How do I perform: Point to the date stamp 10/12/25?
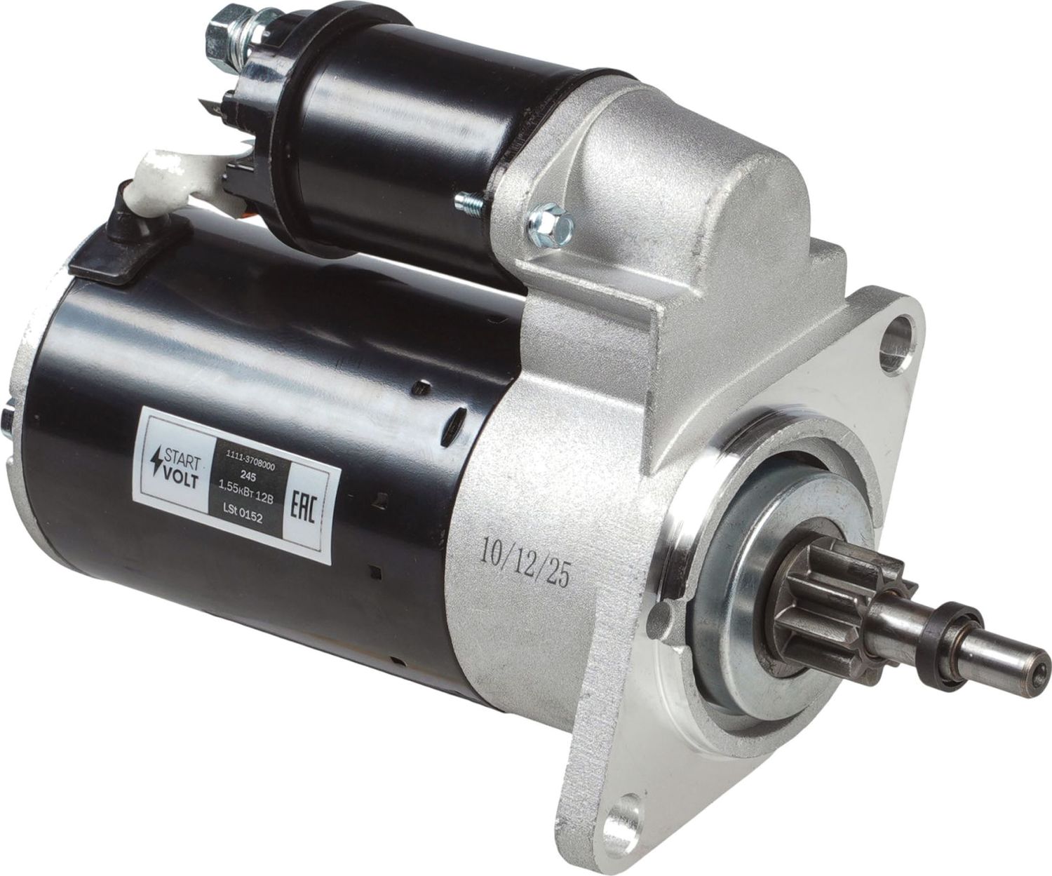[525, 561]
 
